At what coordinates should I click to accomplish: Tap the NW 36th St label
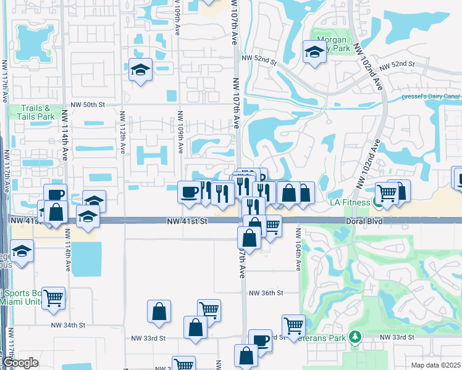266,294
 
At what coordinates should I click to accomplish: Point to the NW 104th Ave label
298,250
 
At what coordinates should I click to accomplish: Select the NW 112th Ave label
122,131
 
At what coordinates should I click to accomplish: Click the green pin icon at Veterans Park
355,337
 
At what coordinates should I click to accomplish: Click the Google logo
20,363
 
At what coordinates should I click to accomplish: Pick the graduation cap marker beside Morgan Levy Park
314,53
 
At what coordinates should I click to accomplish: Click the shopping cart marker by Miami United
54,298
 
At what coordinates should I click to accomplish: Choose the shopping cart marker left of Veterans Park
293,325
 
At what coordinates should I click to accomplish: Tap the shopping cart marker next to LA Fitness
387,192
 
